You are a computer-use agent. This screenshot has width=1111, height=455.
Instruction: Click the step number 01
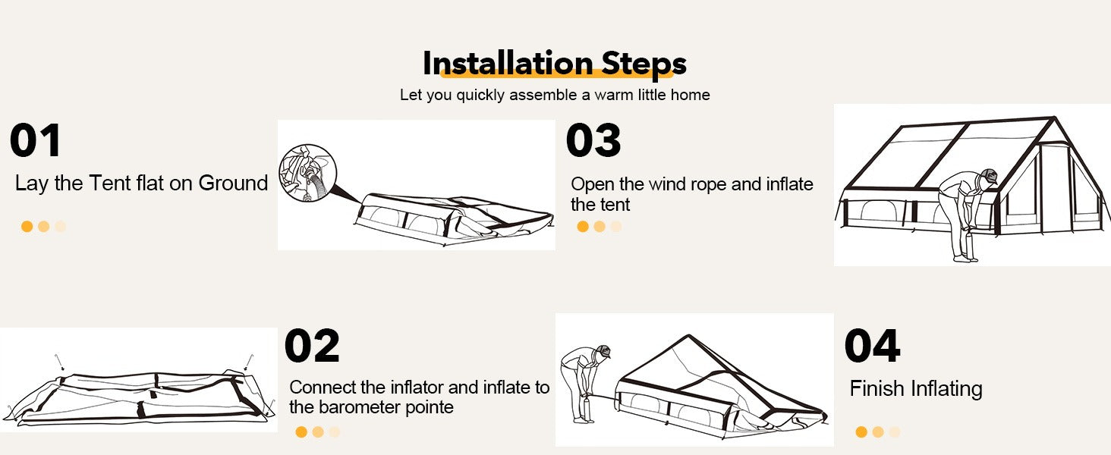click(35, 140)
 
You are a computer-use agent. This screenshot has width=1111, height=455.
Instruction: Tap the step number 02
click(312, 346)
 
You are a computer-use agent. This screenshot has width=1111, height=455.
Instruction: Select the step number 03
click(593, 140)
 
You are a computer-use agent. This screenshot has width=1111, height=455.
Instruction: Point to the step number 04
click(873, 346)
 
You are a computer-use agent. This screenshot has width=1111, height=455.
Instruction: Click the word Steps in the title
click(644, 64)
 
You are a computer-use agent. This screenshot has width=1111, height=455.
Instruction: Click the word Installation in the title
click(508, 63)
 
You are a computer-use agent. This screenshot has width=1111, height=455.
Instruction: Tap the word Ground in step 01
click(233, 183)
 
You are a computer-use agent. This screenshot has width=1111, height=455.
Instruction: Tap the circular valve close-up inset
click(307, 173)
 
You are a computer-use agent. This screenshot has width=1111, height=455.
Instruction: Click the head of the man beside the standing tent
click(988, 177)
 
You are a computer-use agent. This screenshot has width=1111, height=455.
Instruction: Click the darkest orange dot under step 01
click(27, 227)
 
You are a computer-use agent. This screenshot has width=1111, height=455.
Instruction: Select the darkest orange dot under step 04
click(861, 431)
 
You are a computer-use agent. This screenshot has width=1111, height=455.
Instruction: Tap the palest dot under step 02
click(335, 431)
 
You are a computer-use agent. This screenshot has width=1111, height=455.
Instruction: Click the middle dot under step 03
click(600, 227)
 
